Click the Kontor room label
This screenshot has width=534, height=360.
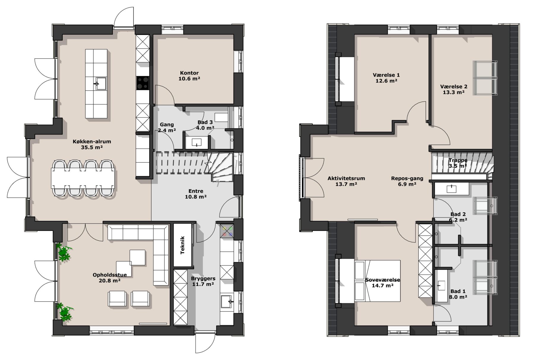click(x=189, y=73)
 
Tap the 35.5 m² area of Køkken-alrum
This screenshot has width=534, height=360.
click(x=92, y=147)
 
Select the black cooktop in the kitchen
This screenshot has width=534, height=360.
click(x=142, y=83)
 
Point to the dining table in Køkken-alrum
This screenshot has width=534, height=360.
click(x=83, y=178)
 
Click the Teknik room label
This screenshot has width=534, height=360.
click(x=182, y=245)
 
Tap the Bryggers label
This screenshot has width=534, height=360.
click(x=203, y=278)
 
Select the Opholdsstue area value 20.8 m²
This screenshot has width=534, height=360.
click(x=109, y=280)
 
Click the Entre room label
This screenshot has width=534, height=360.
click(x=196, y=191)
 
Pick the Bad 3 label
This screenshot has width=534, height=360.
click(x=205, y=122)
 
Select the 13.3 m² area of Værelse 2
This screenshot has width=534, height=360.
click(x=454, y=92)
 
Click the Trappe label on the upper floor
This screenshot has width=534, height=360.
click(x=458, y=160)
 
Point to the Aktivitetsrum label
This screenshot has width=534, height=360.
click(x=346, y=179)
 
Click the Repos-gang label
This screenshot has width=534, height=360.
click(x=407, y=179)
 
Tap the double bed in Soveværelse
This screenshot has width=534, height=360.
click(x=378, y=281)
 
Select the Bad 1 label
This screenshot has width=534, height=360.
click(x=458, y=291)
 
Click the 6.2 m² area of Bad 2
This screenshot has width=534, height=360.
click(x=458, y=220)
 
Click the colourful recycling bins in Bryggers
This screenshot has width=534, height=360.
click(x=227, y=231)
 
